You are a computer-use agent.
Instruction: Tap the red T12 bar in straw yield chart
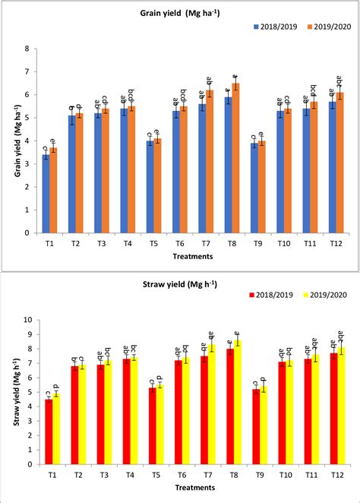(x=332, y=410)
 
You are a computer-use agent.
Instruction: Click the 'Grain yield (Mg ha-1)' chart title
(x=179, y=13)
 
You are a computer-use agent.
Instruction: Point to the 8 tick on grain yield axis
(x=27, y=49)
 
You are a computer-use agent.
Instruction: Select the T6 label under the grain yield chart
(x=180, y=244)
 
